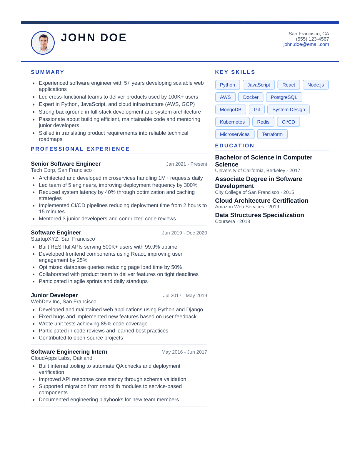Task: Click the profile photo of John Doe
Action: click(43, 43)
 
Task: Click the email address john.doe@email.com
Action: click(306, 44)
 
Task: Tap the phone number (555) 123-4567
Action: click(312, 39)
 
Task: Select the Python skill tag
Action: click(227, 85)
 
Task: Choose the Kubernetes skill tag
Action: click(232, 122)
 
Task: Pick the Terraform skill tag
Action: click(272, 134)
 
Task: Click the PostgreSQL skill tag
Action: click(284, 97)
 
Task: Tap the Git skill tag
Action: click(257, 110)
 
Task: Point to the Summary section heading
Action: click(47, 72)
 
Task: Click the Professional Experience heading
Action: click(80, 149)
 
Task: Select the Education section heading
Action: click(234, 146)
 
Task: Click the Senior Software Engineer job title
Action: click(66, 164)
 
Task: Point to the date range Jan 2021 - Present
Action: click(186, 164)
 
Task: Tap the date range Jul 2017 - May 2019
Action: click(185, 296)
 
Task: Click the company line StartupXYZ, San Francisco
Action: click(63, 239)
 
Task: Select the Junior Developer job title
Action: click(54, 295)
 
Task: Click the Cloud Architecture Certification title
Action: click(261, 201)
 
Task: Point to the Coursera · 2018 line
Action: click(232, 222)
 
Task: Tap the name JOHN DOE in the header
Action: click(94, 38)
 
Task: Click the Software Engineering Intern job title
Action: click(69, 352)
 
